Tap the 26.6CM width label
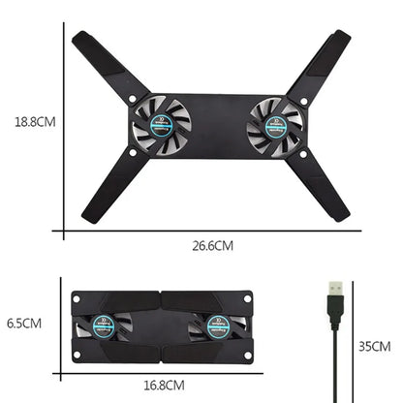pyautogui.click(x=212, y=246)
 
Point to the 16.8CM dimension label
pyautogui.click(x=164, y=385)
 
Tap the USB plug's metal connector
pyautogui.click(x=334, y=290)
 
